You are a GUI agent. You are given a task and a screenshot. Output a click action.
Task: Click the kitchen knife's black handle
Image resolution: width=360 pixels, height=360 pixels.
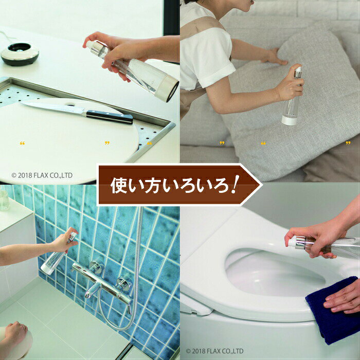point(110,117)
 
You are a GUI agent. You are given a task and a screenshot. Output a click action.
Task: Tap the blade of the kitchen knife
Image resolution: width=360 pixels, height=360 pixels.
point(53,107)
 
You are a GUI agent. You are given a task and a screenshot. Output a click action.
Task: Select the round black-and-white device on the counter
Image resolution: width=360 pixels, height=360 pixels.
point(20,54)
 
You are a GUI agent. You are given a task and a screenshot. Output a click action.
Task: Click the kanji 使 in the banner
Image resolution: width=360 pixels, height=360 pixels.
point(119,186)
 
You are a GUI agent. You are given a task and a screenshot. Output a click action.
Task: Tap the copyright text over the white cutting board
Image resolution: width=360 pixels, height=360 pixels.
point(42,175)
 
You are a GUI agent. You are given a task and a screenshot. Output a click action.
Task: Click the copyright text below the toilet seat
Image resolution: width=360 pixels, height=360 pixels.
point(214,351)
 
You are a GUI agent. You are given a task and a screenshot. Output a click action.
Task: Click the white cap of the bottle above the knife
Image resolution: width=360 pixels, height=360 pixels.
point(167,88)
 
